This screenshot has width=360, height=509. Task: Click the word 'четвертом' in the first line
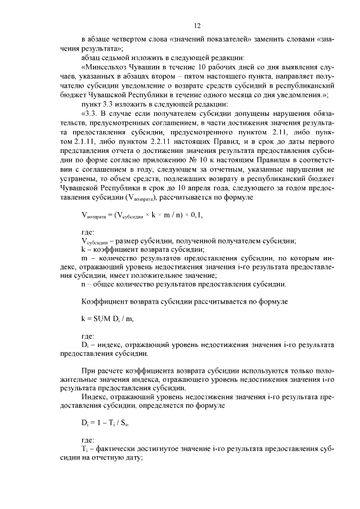pyautogui.click(x=132, y=40)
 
